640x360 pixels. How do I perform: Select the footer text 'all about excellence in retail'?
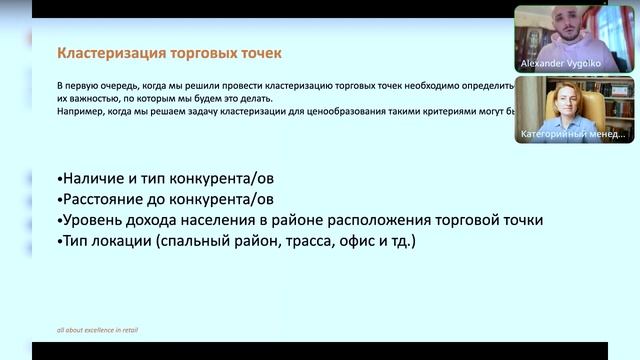click(97, 329)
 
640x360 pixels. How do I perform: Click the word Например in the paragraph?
click(80, 112)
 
